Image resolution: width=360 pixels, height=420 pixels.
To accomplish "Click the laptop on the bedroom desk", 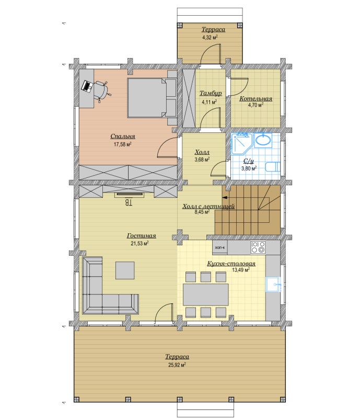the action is click(x=87, y=86).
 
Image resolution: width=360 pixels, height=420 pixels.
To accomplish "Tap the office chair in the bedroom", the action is click(x=102, y=91).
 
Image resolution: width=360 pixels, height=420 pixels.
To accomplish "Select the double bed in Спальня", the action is click(x=152, y=98).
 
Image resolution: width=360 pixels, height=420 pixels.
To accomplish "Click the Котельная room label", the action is click(x=256, y=98).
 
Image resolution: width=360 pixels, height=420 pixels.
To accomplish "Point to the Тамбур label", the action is click(x=211, y=93).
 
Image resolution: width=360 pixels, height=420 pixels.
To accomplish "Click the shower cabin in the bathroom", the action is click(x=242, y=143).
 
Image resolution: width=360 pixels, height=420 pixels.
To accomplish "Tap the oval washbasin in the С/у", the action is click(x=263, y=140).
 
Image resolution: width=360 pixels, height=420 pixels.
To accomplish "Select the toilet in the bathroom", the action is click(x=272, y=167).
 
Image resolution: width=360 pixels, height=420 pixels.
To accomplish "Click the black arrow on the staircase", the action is click(x=225, y=198).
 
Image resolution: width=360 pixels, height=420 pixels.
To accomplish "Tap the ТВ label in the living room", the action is click(x=129, y=202).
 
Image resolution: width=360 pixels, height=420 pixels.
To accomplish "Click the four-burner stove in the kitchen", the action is click(x=258, y=247).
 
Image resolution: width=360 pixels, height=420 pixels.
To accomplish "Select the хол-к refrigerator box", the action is click(x=220, y=247).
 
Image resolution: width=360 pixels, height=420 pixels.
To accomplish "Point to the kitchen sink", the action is click(x=273, y=285).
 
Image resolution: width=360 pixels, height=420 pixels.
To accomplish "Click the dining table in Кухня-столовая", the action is click(x=205, y=294).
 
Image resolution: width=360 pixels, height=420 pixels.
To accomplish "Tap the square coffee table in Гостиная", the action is click(x=125, y=270).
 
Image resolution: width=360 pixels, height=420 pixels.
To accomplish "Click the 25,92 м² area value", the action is click(x=177, y=365).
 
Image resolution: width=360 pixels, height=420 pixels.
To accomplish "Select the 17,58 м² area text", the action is click(x=123, y=144).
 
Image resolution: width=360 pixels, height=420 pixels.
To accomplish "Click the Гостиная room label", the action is click(x=141, y=236).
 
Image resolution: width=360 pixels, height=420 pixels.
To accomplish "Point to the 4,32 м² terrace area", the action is click(x=210, y=38).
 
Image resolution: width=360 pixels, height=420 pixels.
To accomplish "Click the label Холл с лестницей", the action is click(x=208, y=206).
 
